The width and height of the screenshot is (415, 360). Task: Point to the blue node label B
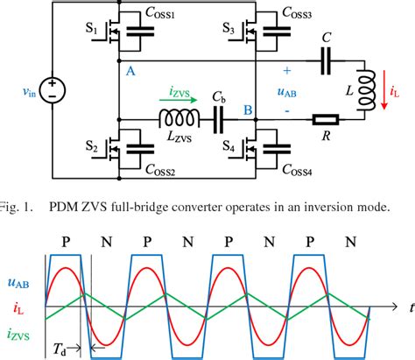(x=248, y=111)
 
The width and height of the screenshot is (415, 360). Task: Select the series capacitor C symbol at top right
(x=326, y=61)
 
